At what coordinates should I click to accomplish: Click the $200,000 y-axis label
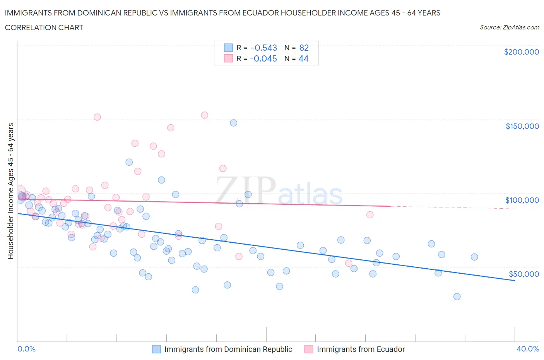click(x=521, y=52)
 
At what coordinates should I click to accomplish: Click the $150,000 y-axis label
click(x=522, y=126)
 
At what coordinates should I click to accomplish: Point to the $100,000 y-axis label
click(x=522, y=200)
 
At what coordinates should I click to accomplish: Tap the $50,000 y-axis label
click(x=523, y=274)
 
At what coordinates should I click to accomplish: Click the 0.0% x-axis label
click(x=26, y=349)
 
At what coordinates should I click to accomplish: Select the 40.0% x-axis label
click(x=528, y=349)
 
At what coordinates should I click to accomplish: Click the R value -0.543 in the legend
click(x=264, y=48)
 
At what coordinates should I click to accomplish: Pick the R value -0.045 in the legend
click(x=263, y=58)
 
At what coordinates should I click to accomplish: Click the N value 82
click(x=304, y=48)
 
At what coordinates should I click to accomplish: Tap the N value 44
click(x=303, y=58)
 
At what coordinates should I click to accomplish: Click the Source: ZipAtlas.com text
click(x=509, y=27)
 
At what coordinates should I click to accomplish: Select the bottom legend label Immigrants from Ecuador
click(x=361, y=349)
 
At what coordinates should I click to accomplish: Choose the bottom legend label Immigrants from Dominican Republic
click(x=228, y=349)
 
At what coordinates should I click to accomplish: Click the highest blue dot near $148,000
click(x=233, y=123)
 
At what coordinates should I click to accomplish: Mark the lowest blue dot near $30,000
click(x=457, y=297)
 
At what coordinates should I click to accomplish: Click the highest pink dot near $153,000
click(x=204, y=115)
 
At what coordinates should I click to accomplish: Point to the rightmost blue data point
click(x=474, y=257)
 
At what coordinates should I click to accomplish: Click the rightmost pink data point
click(x=370, y=215)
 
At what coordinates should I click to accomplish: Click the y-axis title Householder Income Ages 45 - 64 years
click(x=10, y=191)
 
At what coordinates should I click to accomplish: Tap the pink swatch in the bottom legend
click(x=308, y=349)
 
